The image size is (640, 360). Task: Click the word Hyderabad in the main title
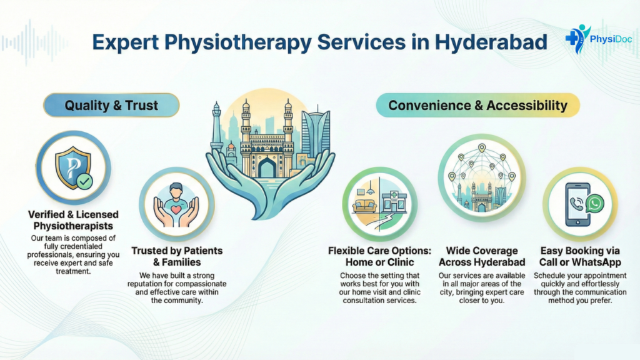click(491, 42)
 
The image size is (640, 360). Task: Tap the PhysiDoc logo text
click(611, 39)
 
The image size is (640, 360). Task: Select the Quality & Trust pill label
click(111, 105)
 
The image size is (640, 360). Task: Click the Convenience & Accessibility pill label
click(477, 105)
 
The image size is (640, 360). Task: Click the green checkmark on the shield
click(85, 181)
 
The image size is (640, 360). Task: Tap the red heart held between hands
click(176, 210)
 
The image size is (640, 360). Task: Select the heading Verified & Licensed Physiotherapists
click(74, 220)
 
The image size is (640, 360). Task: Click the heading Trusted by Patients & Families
click(177, 256)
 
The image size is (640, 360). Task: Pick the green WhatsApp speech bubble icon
click(595, 203)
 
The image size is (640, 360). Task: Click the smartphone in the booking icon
click(577, 204)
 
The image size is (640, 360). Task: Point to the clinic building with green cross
click(394, 201)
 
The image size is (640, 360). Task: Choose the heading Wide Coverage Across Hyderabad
click(482, 256)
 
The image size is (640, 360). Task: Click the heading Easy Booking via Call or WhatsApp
click(580, 256)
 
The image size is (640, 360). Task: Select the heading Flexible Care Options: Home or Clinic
click(379, 256)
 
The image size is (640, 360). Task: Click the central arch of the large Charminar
click(267, 167)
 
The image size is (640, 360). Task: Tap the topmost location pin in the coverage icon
click(482, 147)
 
